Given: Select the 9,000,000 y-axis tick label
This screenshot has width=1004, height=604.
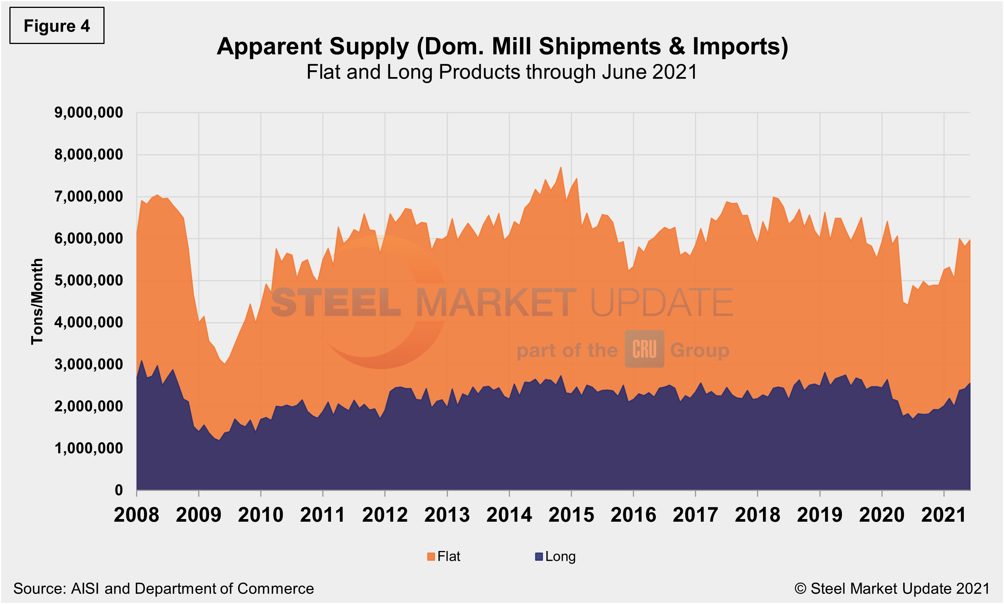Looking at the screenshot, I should pos(88,113).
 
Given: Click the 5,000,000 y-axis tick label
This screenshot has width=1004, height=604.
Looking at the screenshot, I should pos(88,281).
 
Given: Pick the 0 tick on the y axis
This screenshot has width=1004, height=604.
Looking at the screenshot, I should pos(118,490).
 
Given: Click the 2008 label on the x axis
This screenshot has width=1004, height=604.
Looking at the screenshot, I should pos(136,515).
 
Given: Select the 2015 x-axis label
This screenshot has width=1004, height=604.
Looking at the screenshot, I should pos(571,515).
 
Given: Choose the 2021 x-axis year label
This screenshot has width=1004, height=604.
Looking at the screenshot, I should pos(943,515).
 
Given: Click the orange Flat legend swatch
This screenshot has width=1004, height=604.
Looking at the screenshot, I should pos(431,557).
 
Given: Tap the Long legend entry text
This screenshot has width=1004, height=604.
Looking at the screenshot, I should pos(560,557).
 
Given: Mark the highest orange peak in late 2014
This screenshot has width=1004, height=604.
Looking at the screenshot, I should pos(561,168).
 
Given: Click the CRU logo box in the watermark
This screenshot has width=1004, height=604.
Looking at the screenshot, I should pos(644,349).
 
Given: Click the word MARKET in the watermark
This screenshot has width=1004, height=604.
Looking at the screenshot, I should pos(496,303).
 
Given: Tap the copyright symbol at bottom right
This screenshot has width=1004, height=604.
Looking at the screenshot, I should pos(800,589).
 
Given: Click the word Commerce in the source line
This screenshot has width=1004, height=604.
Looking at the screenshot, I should pos(275,589).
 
